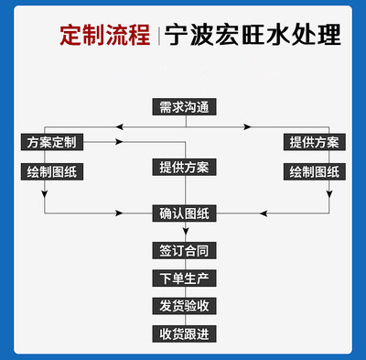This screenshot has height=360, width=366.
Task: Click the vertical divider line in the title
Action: [x=156, y=37]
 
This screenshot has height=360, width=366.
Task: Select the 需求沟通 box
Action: [x=184, y=106]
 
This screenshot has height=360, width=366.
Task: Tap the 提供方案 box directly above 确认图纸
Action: [x=184, y=168]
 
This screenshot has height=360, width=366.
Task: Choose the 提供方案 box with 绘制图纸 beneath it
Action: [x=314, y=142]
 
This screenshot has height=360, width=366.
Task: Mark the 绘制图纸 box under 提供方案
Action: [x=314, y=171]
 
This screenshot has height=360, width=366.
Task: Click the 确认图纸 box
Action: [x=184, y=214]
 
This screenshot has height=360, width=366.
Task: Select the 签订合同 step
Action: [x=184, y=250]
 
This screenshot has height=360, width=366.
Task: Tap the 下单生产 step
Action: [x=184, y=278]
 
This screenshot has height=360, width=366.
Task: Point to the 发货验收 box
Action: [x=184, y=305]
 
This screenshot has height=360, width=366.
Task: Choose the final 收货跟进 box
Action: [x=184, y=333]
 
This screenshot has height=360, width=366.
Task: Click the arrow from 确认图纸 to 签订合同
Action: [x=184, y=234]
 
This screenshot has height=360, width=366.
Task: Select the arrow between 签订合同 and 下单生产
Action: [x=184, y=264]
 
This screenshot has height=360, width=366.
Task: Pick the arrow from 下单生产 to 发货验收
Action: [x=184, y=291]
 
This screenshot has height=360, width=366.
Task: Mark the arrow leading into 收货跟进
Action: [x=184, y=320]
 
